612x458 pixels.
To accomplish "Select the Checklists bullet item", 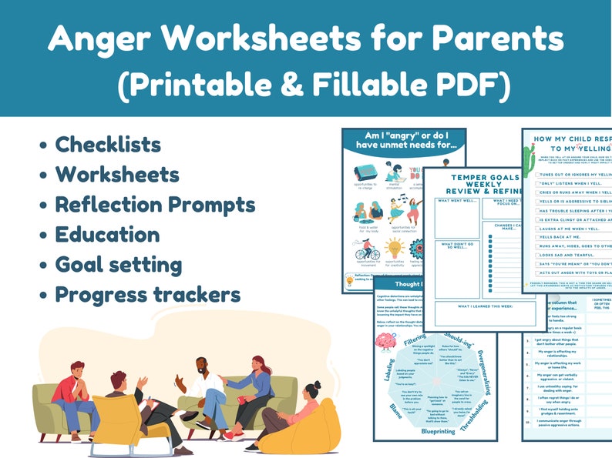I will [107, 145].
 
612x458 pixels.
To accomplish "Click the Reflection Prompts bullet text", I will [154, 205].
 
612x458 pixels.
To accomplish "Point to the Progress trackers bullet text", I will [147, 295].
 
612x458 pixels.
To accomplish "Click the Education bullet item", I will [107, 235].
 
